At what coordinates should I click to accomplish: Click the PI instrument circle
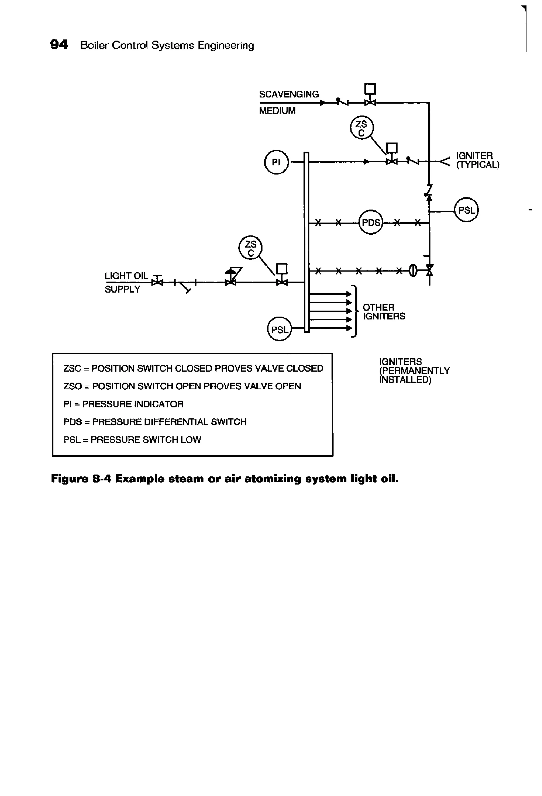click(x=276, y=162)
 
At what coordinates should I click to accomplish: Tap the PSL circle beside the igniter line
click(x=466, y=210)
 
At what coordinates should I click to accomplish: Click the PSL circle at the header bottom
click(x=279, y=329)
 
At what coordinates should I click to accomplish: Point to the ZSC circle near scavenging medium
click(x=362, y=128)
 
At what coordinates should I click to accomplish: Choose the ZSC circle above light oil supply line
click(x=250, y=248)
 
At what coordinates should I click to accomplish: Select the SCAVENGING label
click(x=289, y=94)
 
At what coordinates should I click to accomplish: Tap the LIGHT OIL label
click(x=126, y=276)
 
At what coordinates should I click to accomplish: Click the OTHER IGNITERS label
click(x=383, y=311)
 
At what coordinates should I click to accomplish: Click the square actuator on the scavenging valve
click(x=370, y=89)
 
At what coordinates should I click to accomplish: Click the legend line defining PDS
click(x=155, y=422)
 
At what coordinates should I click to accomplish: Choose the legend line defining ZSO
click(x=182, y=386)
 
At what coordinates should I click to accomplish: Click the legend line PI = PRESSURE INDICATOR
click(x=123, y=404)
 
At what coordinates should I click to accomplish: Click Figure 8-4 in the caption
click(x=81, y=479)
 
